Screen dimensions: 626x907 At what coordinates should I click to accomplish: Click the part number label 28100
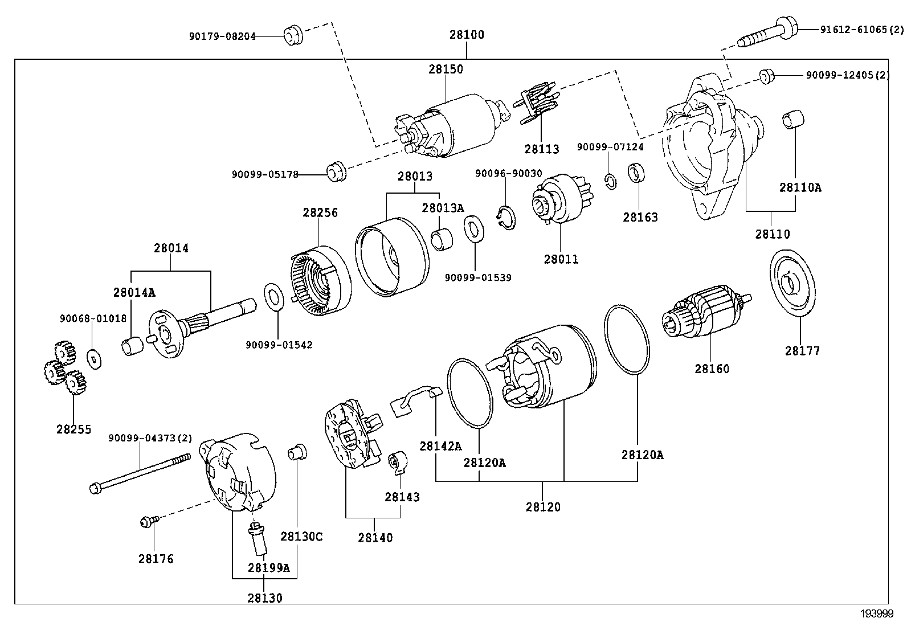(466, 35)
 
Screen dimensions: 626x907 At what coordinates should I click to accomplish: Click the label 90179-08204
(222, 36)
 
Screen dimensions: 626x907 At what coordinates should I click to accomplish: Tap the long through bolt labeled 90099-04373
(140, 472)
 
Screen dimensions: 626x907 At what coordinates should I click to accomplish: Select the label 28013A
(443, 208)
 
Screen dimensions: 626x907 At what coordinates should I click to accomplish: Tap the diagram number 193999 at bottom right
(876, 613)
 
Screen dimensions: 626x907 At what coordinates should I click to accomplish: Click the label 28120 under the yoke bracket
(543, 507)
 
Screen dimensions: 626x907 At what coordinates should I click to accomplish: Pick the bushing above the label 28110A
(792, 119)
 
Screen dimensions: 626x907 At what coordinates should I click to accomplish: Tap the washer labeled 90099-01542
(275, 297)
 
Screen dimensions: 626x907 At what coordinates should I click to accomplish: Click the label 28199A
(268, 568)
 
